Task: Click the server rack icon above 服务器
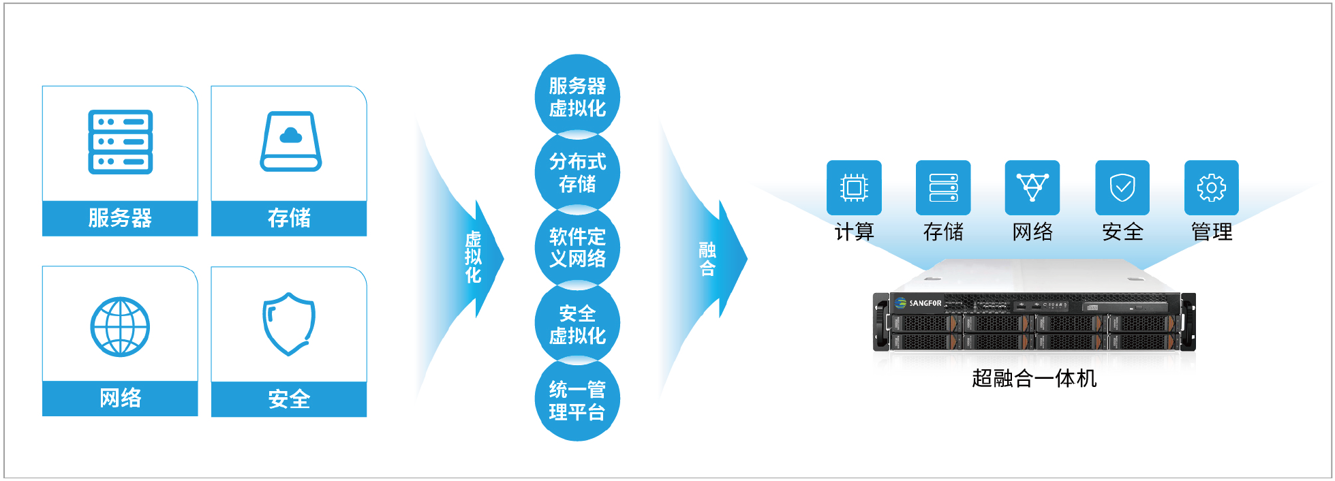[120, 142]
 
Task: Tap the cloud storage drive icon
[290, 141]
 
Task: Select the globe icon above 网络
[120, 327]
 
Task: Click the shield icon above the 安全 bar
[289, 324]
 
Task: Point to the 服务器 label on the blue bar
[120, 218]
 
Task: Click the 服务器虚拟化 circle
[577, 97]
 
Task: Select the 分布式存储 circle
[577, 172]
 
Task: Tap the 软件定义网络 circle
[577, 248]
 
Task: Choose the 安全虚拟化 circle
[577, 324]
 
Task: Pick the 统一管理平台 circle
[577, 400]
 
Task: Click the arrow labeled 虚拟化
[470, 258]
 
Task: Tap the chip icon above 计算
[854, 187]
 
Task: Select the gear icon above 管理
[1212, 187]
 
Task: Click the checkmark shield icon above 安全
[1122, 187]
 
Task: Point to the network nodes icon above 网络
[1032, 187]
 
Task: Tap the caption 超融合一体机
[1034, 378]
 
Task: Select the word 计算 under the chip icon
[854, 232]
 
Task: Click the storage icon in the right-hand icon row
[943, 187]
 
